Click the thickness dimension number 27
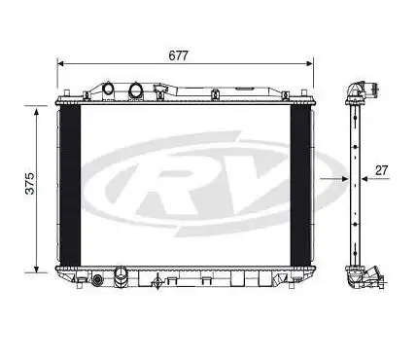click(x=381, y=169)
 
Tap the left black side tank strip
click(x=68, y=184)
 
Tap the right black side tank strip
click(x=301, y=184)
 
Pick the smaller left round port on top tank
click(x=109, y=91)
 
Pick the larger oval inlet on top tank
click(x=135, y=92)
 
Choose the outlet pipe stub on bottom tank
click(x=121, y=275)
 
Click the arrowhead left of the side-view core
click(x=343, y=180)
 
